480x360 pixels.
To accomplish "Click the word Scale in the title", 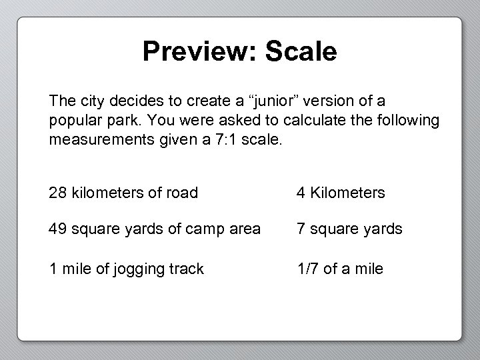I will [301, 51].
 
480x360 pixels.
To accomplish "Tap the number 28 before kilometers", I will [57, 193].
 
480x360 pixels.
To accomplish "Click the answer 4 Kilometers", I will [341, 193].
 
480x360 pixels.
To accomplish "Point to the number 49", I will [57, 229].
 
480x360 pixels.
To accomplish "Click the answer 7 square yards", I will [349, 229].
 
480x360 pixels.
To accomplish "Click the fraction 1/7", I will [308, 269].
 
